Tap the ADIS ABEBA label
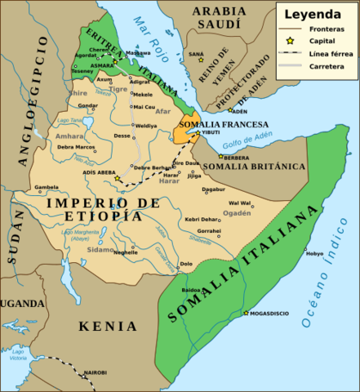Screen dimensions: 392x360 click(x=100, y=172)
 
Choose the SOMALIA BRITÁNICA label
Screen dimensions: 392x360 click(x=253, y=167)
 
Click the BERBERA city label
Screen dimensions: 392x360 click(x=237, y=157)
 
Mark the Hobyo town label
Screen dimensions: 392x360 click(x=314, y=254)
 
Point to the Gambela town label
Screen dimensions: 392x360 click(x=47, y=187)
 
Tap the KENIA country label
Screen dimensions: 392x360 click(x=109, y=327)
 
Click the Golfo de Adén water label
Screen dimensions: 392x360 click(x=247, y=144)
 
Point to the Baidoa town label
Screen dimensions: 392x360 click(x=192, y=290)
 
